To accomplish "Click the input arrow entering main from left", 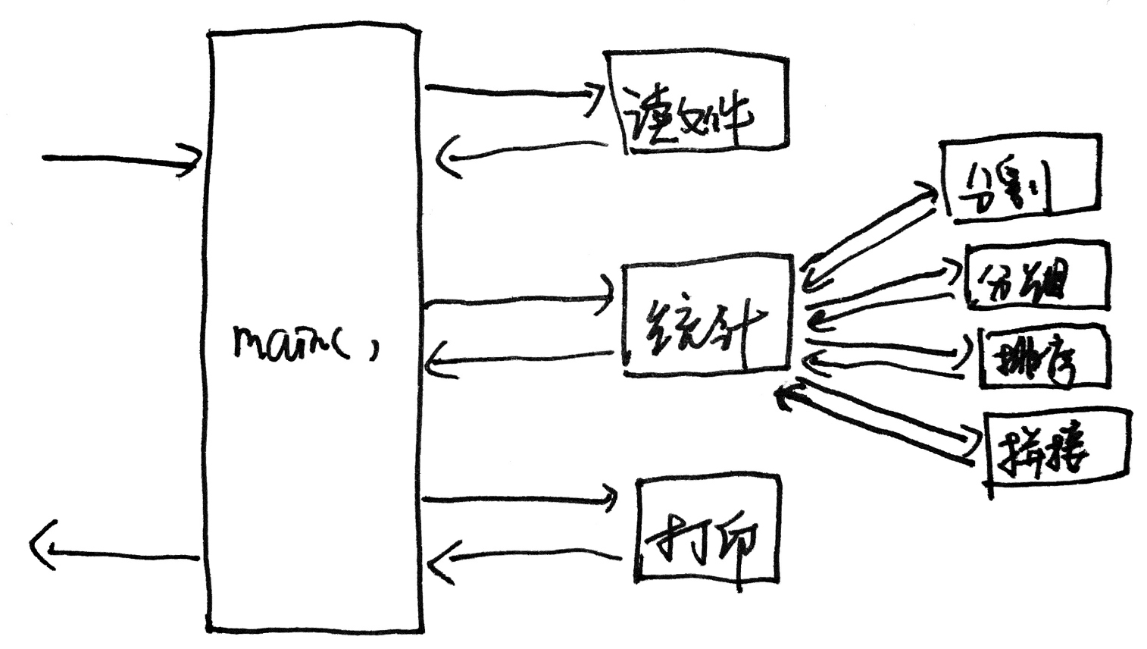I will [x=121, y=159].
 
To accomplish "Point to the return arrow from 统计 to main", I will [x=519, y=360].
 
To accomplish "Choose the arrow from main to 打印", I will [x=519, y=499].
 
